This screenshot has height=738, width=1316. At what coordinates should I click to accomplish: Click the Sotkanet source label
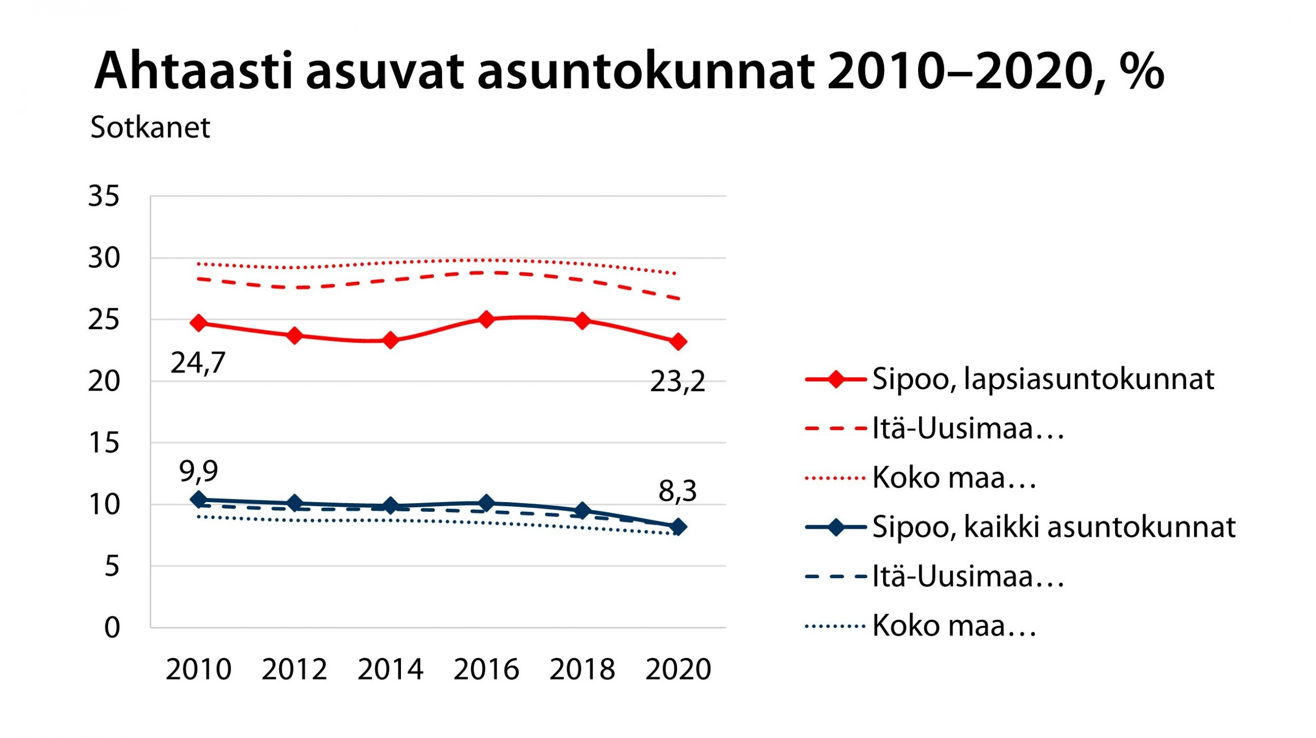click(150, 127)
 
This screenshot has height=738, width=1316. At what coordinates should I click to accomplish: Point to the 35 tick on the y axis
click(104, 196)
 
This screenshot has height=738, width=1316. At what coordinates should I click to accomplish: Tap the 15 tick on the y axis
click(104, 443)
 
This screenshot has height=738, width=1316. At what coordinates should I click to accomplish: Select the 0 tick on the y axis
click(112, 628)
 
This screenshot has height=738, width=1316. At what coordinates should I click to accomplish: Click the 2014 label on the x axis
click(390, 669)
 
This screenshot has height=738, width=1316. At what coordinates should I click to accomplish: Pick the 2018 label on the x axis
click(582, 669)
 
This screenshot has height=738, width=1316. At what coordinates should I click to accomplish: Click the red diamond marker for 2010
click(198, 323)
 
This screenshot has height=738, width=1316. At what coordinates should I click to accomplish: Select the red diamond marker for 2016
click(486, 319)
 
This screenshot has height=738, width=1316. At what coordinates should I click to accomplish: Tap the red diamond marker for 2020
click(678, 341)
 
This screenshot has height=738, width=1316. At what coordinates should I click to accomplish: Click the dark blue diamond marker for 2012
click(295, 503)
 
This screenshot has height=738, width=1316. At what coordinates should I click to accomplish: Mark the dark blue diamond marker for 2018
click(582, 510)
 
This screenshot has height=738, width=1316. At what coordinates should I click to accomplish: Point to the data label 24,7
click(198, 363)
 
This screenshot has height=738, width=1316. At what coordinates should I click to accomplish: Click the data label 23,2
click(678, 382)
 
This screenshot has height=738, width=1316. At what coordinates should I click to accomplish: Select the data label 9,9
click(198, 471)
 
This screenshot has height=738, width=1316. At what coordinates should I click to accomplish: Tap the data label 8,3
click(678, 491)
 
